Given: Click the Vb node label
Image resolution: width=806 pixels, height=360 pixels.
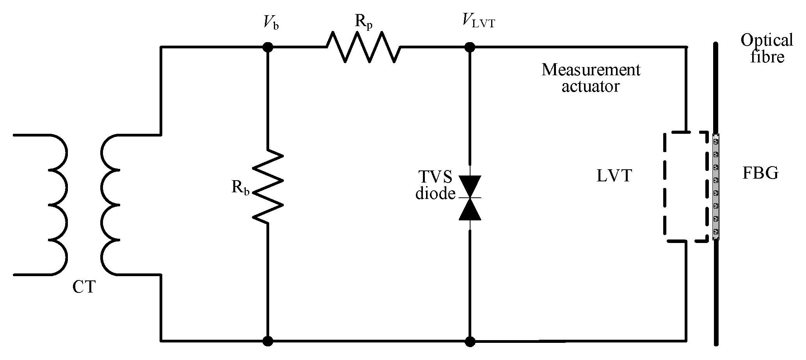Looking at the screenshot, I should click(270, 24).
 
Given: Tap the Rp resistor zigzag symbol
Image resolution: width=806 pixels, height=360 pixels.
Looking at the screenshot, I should click(363, 47).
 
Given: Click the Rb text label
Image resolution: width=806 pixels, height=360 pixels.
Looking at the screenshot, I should click(240, 188).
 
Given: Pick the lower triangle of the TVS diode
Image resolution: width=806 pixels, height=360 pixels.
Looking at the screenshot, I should click(470, 209).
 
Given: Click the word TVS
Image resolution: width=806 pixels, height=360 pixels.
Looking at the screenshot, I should click(436, 177).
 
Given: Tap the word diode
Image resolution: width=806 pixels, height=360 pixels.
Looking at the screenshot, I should click(435, 193).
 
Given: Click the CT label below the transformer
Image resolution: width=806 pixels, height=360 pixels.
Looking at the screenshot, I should click(84, 287).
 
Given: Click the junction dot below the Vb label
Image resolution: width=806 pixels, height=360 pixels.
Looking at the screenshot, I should click(268, 47).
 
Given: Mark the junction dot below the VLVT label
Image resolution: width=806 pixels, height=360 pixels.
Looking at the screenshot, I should click(470, 47).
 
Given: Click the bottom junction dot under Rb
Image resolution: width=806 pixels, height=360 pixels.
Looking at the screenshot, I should click(268, 341).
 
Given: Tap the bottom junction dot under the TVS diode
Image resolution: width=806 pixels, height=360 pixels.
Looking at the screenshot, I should click(470, 341).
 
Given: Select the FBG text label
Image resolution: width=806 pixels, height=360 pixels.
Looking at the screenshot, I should click(760, 173).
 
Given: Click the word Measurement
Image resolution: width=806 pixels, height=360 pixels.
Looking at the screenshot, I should click(591, 70).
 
